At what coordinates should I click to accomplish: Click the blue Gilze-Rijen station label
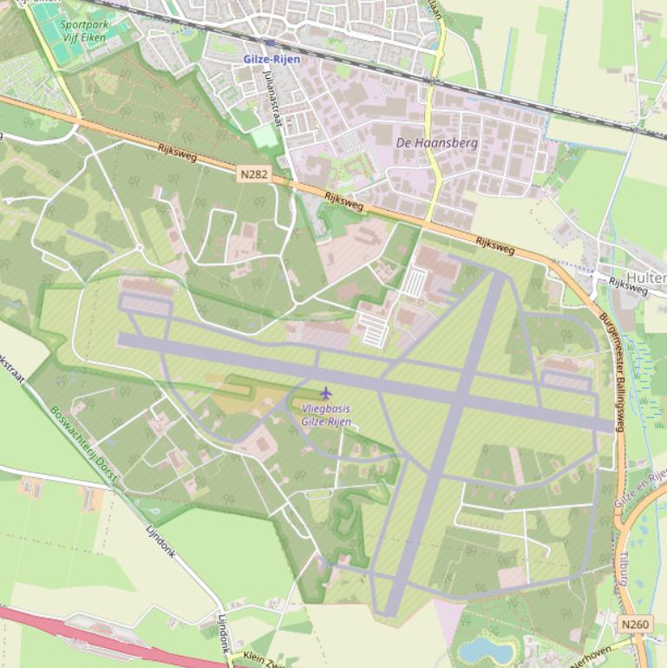pos(271,59)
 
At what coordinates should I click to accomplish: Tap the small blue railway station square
pos(271,42)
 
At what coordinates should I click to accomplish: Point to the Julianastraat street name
pos(272,98)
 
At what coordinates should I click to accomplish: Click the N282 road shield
pos(254,174)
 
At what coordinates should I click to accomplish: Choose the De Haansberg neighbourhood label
pos(437,142)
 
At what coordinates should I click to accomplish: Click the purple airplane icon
pos(325,393)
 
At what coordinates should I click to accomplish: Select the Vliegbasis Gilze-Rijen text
pos(326,415)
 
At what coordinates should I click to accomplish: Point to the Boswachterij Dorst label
pos(83,442)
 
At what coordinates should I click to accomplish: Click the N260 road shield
pos(634,624)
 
